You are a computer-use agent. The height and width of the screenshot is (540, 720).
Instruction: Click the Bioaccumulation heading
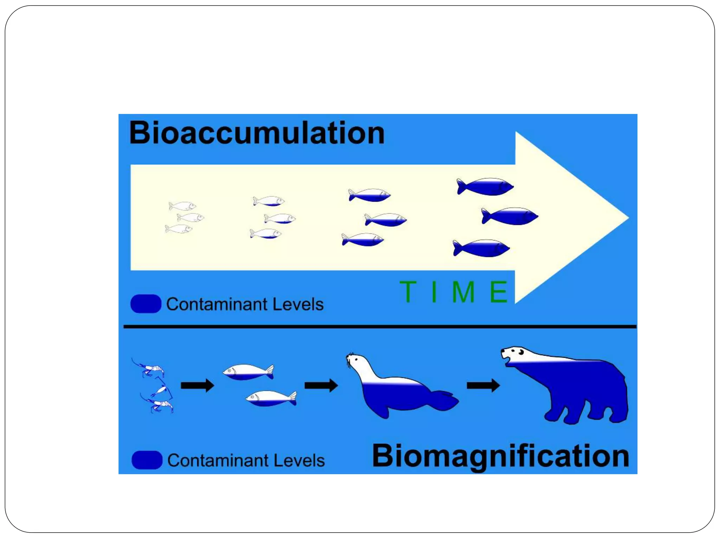[257, 133]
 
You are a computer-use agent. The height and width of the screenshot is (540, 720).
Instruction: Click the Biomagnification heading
[500, 456]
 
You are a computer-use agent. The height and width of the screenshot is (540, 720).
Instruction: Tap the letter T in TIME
[408, 291]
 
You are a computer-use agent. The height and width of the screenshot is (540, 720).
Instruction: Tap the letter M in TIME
[463, 291]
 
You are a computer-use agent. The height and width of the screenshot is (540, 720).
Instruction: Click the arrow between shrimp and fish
[197, 385]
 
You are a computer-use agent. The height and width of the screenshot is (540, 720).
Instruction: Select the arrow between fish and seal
[321, 385]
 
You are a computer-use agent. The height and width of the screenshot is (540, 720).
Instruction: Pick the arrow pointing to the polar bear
[483, 385]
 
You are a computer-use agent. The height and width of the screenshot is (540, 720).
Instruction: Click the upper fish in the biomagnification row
[249, 372]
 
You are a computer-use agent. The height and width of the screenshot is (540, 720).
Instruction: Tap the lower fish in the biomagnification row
[271, 398]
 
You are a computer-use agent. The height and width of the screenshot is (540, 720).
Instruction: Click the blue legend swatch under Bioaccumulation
[146, 304]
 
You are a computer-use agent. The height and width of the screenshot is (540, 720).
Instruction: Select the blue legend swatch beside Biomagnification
[147, 460]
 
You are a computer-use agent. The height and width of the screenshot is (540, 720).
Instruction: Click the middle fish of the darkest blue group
[510, 216]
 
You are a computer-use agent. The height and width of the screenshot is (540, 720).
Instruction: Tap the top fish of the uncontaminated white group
[182, 206]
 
